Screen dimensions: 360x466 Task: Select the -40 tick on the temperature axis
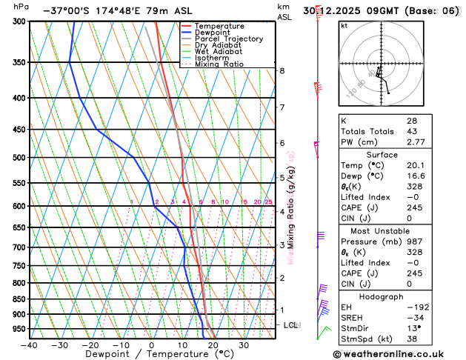(30, 345)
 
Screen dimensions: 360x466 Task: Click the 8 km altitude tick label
(282, 71)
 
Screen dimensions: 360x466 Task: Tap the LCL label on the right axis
(292, 325)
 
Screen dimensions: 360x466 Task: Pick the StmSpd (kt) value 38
(411, 340)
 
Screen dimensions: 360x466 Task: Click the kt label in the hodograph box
(344, 26)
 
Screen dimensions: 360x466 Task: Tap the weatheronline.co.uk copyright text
(399, 353)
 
